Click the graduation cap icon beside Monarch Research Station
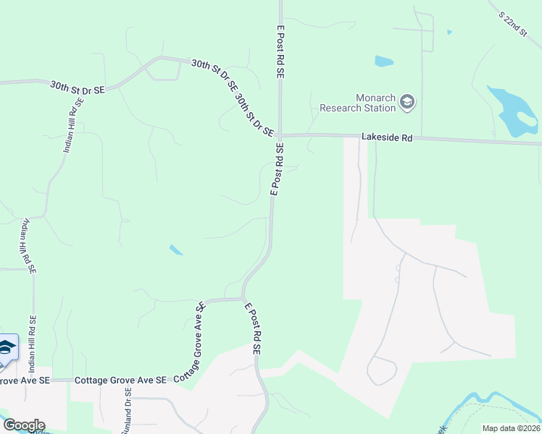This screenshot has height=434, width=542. tap(407, 102)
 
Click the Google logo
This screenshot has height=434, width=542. tap(23, 425)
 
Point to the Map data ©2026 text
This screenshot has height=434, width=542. tap(510, 428)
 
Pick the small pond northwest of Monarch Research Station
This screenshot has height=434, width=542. tap(384, 61)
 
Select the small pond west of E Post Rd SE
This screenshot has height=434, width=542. tap(176, 250)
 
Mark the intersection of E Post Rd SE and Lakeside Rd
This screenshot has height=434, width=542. tap(280, 135)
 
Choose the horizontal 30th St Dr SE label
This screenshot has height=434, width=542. tap(78, 88)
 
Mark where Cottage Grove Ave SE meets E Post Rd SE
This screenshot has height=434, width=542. tap(243, 298)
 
